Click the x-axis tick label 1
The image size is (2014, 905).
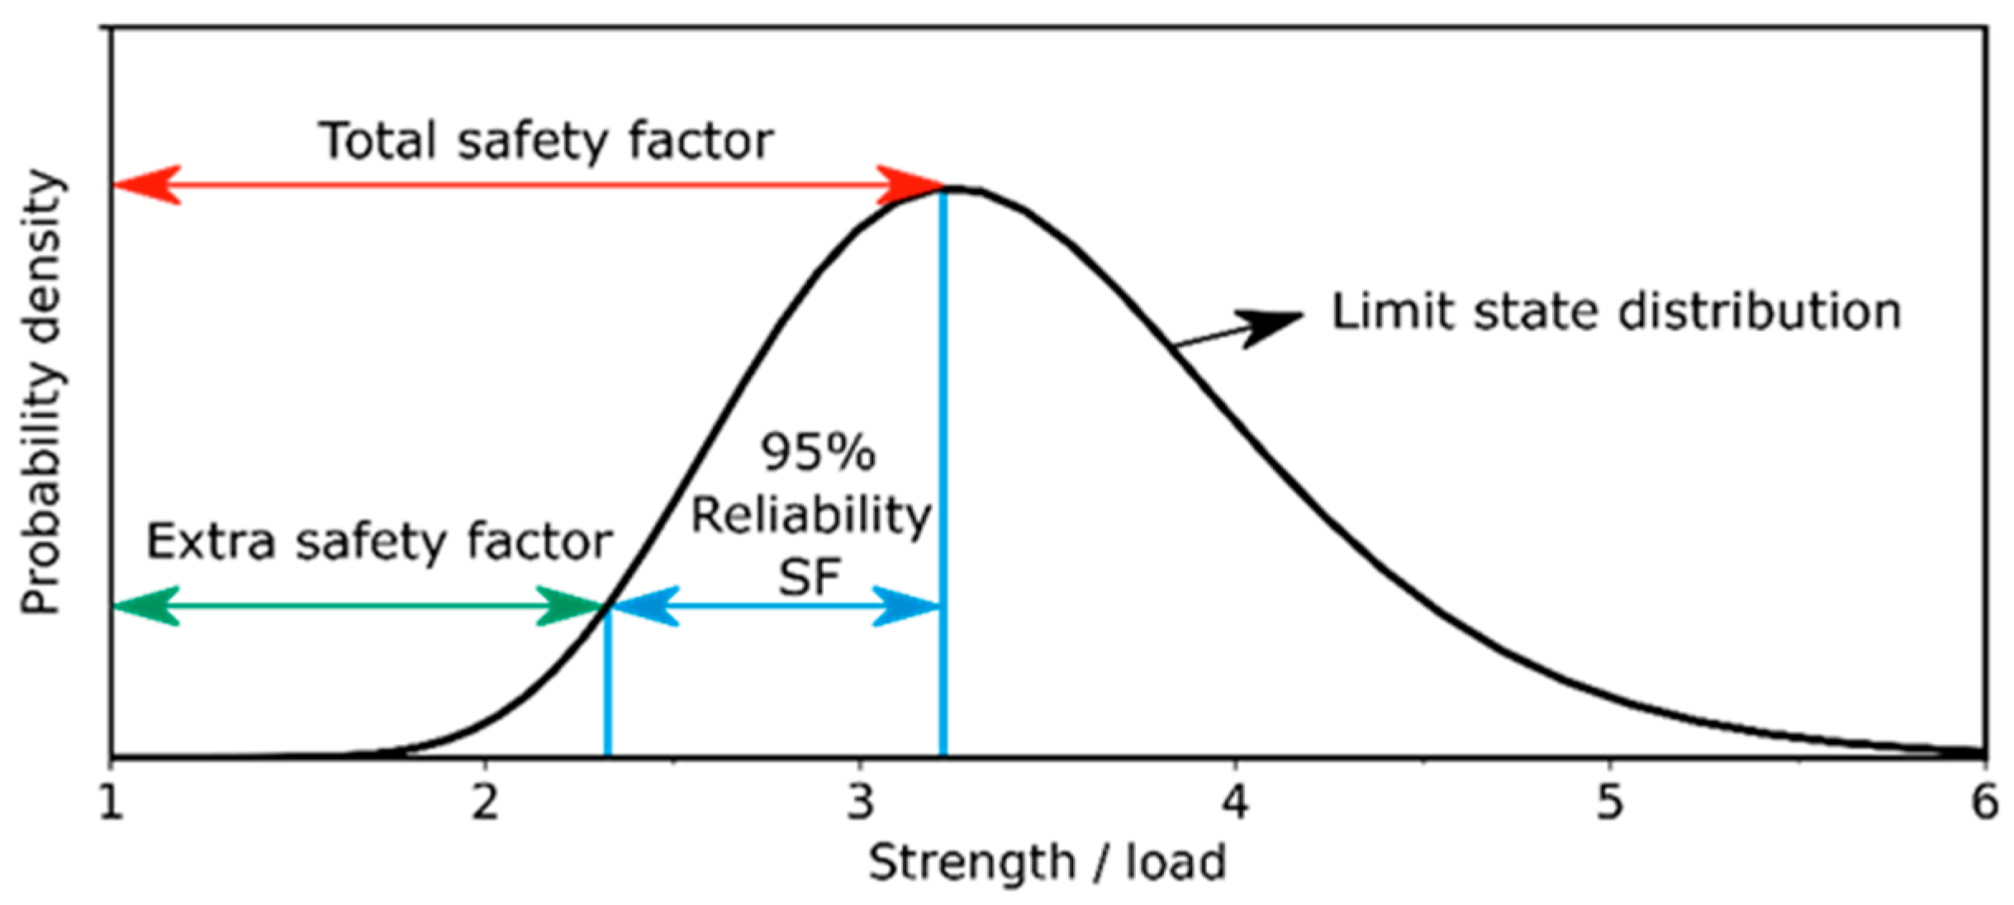(x=111, y=801)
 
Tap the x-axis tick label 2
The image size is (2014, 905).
(x=485, y=801)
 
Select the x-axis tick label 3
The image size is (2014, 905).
(x=860, y=801)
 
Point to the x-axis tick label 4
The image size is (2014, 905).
(x=1235, y=801)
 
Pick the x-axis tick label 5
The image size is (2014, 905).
(x=1609, y=801)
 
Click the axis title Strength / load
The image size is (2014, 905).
(x=1047, y=864)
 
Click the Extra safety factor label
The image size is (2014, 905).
(x=378, y=543)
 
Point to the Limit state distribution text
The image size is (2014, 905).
(x=1616, y=312)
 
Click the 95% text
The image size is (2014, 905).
(x=817, y=452)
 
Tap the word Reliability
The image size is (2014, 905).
(x=810, y=515)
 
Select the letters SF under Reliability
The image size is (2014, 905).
(x=809, y=577)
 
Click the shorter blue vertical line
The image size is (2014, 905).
(x=608, y=681)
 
